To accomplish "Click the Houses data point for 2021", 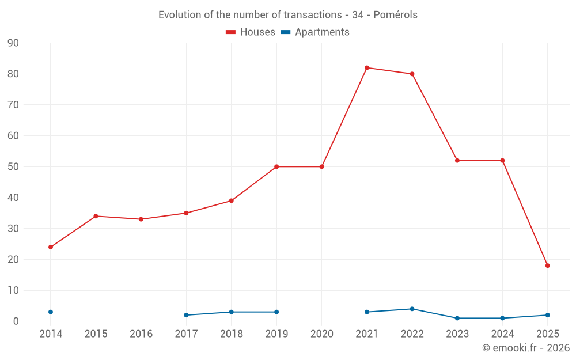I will click(x=367, y=68).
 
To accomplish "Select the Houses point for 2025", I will click(x=548, y=266).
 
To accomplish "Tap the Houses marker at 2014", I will click(x=51, y=247).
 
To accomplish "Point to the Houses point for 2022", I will click(x=412, y=74).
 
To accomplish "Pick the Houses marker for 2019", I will click(x=276, y=167).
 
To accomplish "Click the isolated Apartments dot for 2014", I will click(x=51, y=312).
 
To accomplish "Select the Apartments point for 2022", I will click(x=412, y=309).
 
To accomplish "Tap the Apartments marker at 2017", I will click(x=186, y=315).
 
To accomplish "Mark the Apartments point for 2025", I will click(x=548, y=315).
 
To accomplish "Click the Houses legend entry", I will click(x=251, y=32).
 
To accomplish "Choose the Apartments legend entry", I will click(x=315, y=32).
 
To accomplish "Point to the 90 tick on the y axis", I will click(x=13, y=43).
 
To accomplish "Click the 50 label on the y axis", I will click(x=13, y=167).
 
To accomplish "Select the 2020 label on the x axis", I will click(x=322, y=334).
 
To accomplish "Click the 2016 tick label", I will click(x=141, y=334).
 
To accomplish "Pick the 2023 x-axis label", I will click(x=457, y=334).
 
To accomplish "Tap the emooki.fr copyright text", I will click(x=526, y=348).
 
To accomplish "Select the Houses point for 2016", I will click(x=141, y=219).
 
